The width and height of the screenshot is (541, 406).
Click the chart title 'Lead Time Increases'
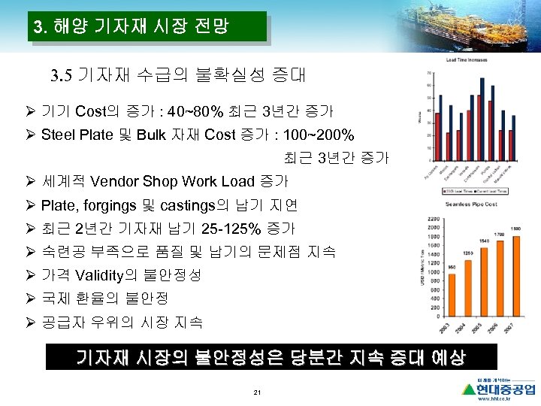(x=467, y=59)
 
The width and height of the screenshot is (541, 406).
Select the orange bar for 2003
(x=452, y=295)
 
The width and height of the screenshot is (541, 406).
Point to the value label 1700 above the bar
(x=500, y=235)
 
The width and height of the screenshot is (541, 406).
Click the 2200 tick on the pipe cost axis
(x=434, y=218)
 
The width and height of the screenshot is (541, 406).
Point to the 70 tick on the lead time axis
(x=429, y=73)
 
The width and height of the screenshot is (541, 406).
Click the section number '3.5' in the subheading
(x=60, y=75)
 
